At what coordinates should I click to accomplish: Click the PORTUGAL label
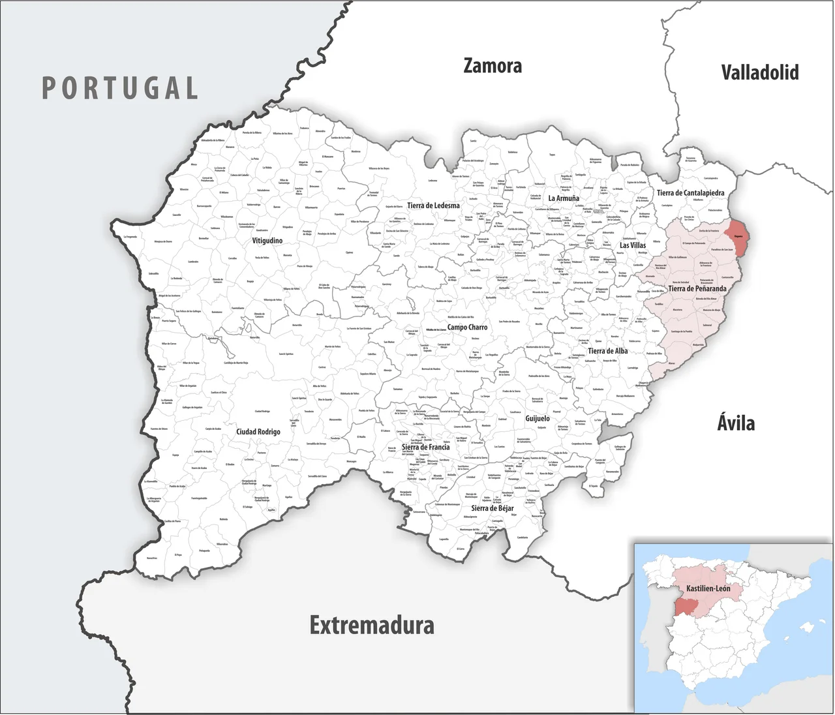120,88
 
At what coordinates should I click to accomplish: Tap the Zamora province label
493,66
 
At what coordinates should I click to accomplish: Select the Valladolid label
759,72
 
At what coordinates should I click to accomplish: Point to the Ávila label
736,423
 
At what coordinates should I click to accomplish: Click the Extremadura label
372,625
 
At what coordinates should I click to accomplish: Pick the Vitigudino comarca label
267,241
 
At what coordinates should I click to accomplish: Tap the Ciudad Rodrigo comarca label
258,432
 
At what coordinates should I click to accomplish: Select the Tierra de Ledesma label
433,205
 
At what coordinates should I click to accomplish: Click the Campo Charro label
467,327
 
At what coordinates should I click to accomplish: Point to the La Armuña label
564,198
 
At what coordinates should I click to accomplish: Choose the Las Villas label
633,245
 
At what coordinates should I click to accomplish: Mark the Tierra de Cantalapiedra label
690,193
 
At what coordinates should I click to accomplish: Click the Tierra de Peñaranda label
697,288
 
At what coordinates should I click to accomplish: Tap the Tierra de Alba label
607,351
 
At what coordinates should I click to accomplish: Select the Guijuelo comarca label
538,418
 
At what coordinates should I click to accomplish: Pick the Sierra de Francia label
425,448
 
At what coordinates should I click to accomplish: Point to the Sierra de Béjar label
493,508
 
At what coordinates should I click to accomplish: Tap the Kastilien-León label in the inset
708,588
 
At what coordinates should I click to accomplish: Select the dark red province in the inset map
686,606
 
